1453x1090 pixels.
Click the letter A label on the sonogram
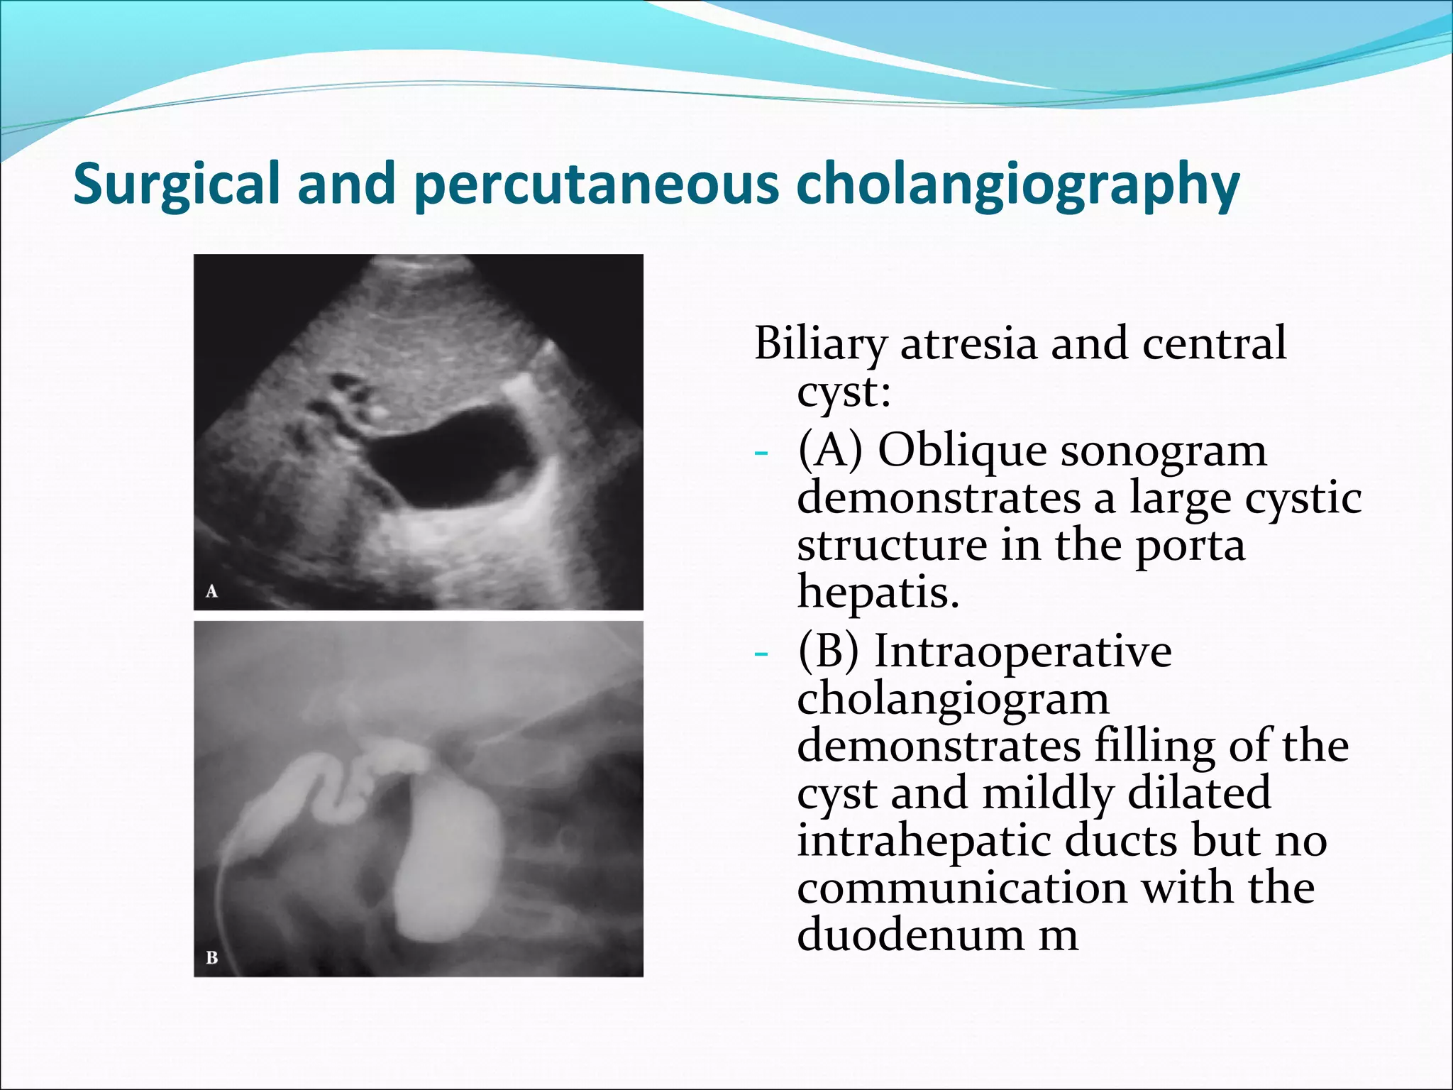pos(211,591)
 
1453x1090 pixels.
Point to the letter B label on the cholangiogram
pos(211,957)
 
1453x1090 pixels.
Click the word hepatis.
pos(878,592)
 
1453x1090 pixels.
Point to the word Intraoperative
pos(1022,651)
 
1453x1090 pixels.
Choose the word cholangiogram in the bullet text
pos(953,700)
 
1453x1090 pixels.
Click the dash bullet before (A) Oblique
pos(761,453)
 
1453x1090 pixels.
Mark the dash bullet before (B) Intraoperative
pos(761,654)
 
